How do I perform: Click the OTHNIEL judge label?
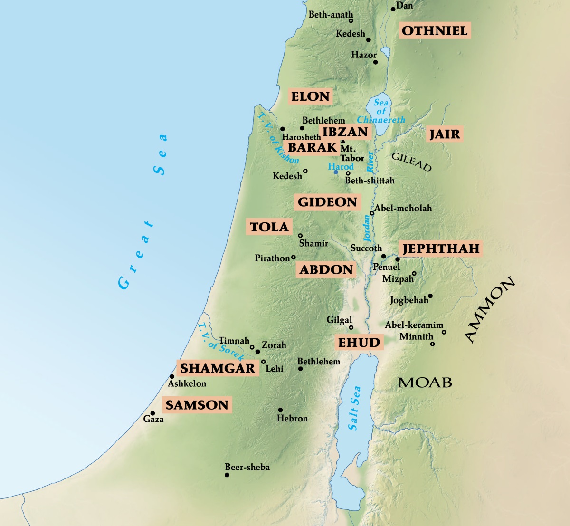[435, 31]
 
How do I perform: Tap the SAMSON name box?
[197, 405]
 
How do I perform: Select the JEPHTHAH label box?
[441, 249]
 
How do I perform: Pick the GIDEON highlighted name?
[327, 202]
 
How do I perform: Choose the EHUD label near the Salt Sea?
[359, 343]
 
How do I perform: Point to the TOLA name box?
[269, 227]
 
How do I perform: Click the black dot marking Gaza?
[152, 413]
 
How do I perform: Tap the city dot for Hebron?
[280, 410]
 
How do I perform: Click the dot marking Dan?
[393, 9]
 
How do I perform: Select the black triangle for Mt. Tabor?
[343, 142]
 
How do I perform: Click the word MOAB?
[425, 383]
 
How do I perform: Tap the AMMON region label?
[489, 310]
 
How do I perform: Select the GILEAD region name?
[411, 162]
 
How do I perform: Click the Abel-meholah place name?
[403, 208]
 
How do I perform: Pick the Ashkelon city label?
[187, 383]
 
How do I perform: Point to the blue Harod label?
[341, 167]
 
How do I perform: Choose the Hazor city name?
[364, 55]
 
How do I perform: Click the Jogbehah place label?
[409, 300]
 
